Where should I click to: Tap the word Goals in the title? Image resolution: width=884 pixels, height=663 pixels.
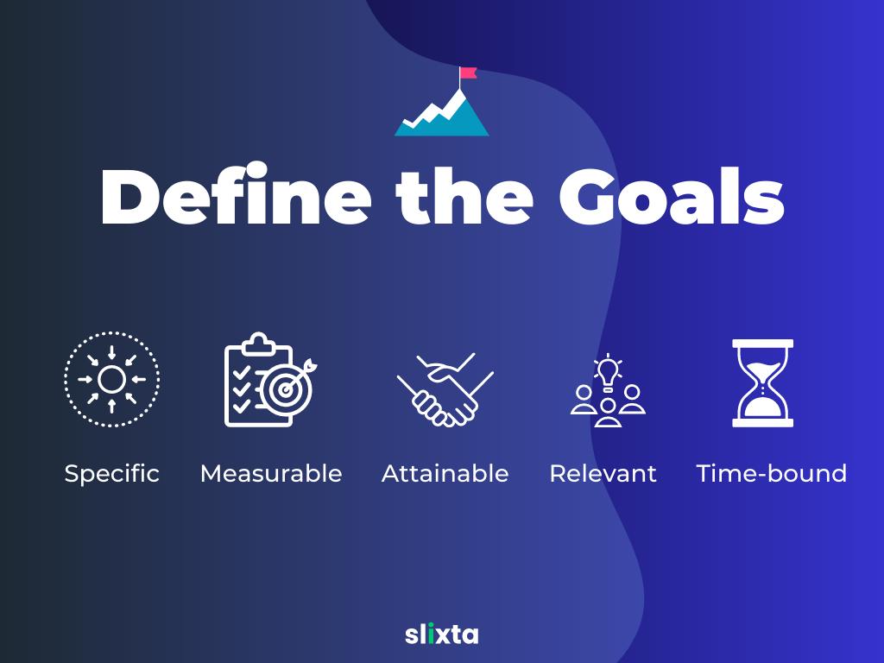pos(672,195)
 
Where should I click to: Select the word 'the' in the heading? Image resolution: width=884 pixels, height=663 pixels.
pos(464,195)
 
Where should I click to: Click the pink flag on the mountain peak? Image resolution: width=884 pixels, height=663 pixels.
pos(468,73)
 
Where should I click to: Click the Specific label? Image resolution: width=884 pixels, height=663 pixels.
pos(111,474)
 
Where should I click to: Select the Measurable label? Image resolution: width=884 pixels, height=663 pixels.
pos(271,474)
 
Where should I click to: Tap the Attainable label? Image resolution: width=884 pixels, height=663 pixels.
pos(445,474)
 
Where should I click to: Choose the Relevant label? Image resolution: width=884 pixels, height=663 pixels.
pos(603,474)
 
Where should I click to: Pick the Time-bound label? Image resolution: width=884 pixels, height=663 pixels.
pos(771,474)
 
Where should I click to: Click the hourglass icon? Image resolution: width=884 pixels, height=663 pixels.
pos(763,382)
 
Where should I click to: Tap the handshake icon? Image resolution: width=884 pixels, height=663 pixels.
pos(445,389)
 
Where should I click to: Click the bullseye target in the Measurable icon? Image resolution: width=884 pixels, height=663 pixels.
pos(287,389)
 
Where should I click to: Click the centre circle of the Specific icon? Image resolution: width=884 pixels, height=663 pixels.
pos(111,380)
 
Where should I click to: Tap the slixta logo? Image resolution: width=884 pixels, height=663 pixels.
pos(441,635)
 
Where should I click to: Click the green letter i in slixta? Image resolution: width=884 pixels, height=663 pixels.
pos(432,635)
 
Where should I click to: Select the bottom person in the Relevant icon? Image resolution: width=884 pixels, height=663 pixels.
pos(608,413)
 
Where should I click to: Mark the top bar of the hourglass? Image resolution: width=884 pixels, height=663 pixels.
pos(763,344)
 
